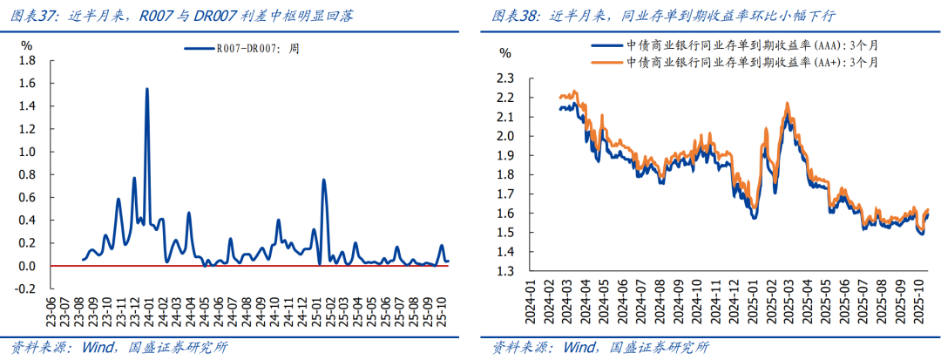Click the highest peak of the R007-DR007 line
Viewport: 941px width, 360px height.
pyautogui.click(x=146, y=89)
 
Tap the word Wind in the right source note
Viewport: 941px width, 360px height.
pyautogui.click(x=580, y=347)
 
